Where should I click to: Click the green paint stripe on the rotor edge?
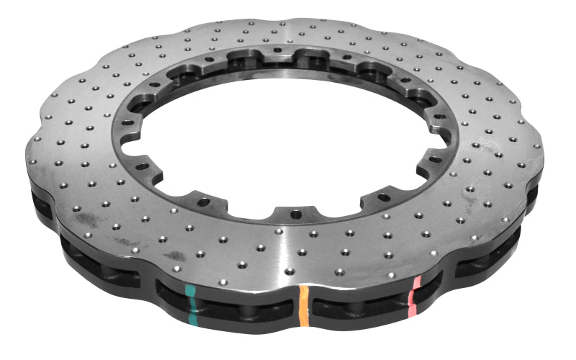click(x=191, y=303)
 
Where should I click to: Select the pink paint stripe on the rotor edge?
click(x=413, y=295)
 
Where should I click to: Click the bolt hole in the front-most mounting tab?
click(x=294, y=213)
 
